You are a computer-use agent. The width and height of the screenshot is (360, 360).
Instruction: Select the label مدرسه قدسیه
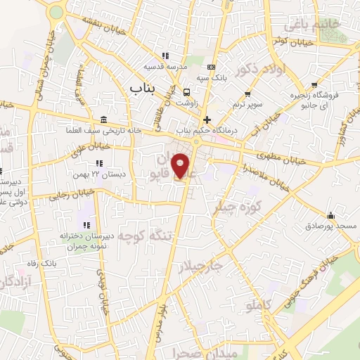[x=165, y=67]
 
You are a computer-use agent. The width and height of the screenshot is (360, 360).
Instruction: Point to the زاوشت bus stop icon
[x=186, y=92]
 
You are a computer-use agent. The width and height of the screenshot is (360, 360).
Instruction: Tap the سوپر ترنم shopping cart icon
[x=247, y=94]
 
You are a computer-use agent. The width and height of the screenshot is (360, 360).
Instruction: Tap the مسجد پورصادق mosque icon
[x=331, y=215]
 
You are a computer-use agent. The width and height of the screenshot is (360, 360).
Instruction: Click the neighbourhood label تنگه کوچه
[x=146, y=233]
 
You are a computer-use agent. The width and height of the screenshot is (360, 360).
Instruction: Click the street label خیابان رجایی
[x=67, y=197]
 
